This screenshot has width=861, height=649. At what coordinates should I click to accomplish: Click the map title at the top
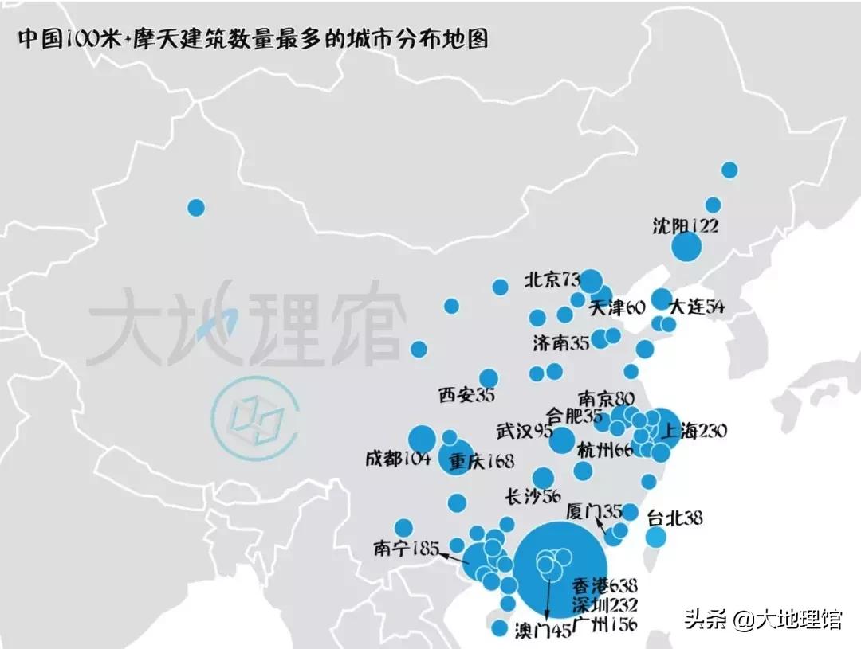[253, 40]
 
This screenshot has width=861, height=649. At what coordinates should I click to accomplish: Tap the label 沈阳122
[685, 225]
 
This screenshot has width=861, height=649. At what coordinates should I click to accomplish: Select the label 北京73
[551, 280]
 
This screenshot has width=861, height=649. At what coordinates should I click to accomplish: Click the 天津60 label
[617, 307]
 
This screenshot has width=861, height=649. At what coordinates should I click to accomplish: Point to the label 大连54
[697, 307]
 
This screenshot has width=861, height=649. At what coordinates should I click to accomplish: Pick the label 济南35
[561, 343]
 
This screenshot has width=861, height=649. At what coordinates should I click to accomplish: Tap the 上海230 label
[692, 431]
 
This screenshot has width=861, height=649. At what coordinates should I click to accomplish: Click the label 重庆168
[482, 461]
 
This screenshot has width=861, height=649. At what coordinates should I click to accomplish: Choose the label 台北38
[674, 518]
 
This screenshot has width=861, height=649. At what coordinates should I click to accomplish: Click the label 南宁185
[406, 548]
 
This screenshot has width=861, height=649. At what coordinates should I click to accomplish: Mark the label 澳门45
[543, 632]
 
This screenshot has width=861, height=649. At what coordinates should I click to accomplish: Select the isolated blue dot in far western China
[196, 208]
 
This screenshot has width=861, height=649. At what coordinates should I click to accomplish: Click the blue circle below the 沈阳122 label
[686, 248]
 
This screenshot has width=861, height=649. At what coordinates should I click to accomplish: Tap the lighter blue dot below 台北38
[655, 538]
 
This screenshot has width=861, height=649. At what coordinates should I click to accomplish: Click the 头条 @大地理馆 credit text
[763, 619]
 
